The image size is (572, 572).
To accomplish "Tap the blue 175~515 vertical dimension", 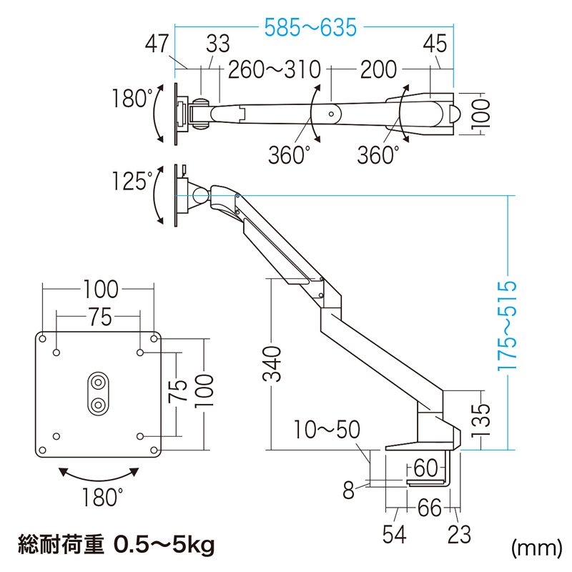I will [x=508, y=323].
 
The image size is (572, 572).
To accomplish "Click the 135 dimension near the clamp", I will [x=483, y=419].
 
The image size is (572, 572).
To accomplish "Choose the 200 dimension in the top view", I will [x=378, y=69].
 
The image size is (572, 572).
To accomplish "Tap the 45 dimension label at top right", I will [x=435, y=44].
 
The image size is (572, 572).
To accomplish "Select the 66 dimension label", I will [x=430, y=509].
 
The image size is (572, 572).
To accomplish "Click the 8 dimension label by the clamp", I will [x=349, y=490].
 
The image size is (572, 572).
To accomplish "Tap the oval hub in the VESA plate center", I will [x=97, y=393].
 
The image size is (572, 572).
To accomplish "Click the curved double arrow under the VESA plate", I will [x=98, y=473].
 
